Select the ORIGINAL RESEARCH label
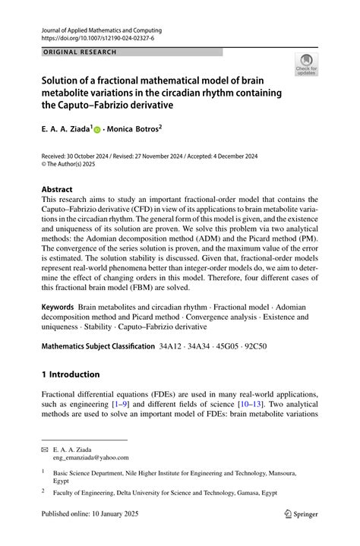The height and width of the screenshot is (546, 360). (75, 52)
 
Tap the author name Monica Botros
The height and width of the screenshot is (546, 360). (134, 130)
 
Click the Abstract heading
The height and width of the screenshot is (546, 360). (57, 189)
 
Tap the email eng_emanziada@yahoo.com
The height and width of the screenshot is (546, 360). (91, 458)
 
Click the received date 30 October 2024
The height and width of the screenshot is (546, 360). (90, 155)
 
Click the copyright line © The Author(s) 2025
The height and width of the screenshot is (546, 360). (74, 163)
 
